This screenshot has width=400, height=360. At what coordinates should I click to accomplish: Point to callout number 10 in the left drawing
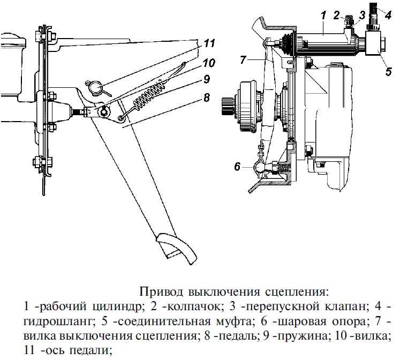point(209,63)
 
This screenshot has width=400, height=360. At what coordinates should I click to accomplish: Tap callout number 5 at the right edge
point(388,69)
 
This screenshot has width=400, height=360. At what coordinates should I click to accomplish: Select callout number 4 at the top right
point(388,9)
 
